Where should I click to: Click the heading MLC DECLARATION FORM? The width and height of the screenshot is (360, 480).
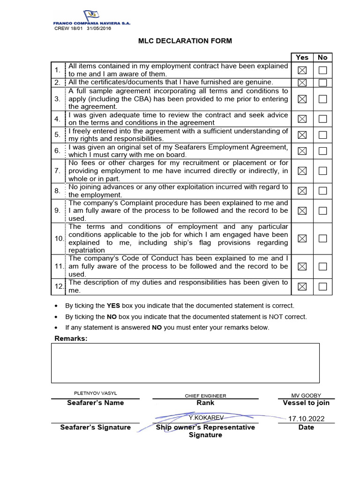click(x=185, y=41)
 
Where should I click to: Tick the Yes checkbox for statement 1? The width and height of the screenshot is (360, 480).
click(x=302, y=70)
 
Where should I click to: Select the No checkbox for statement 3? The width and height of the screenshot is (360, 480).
click(x=322, y=99)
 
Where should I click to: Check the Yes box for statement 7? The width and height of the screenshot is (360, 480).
click(x=302, y=171)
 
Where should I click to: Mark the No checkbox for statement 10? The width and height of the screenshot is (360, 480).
click(x=322, y=239)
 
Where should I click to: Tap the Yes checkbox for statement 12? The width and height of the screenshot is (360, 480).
click(x=302, y=286)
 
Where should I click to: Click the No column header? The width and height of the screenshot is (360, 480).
click(x=322, y=57)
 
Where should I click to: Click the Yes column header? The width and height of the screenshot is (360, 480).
click(x=302, y=57)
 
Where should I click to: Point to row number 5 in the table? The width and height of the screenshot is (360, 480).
click(x=57, y=135)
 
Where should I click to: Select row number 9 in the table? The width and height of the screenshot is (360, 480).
click(x=57, y=210)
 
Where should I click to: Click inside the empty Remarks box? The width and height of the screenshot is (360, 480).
click(x=185, y=363)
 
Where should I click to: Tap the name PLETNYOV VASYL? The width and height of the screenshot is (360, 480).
click(x=95, y=392)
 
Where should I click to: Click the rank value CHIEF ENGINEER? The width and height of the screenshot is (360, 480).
click(x=205, y=396)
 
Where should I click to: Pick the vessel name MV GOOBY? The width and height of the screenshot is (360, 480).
click(x=306, y=396)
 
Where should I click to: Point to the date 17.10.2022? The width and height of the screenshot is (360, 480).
click(x=306, y=419)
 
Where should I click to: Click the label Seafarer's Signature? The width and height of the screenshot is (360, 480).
click(x=95, y=427)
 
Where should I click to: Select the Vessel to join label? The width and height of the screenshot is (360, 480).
click(x=306, y=403)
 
